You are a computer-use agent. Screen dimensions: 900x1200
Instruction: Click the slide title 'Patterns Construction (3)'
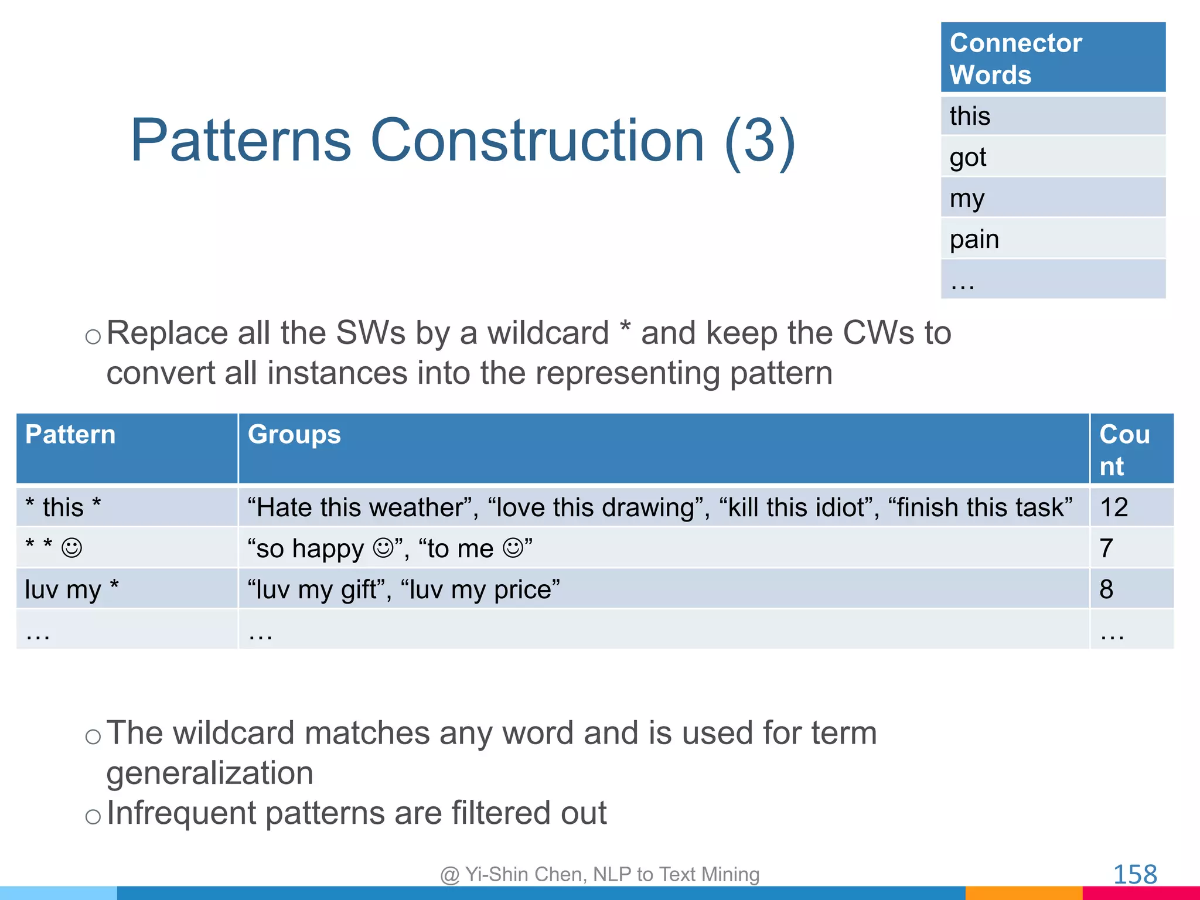(x=463, y=141)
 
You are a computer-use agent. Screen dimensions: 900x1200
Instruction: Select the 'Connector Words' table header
(x=1017, y=59)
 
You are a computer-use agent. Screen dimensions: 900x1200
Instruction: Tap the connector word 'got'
(x=968, y=157)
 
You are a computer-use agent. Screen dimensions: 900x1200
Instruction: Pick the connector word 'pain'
(x=974, y=239)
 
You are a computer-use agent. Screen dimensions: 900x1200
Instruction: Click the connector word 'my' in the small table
(x=967, y=199)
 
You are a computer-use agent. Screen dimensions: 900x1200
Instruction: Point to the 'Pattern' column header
(x=70, y=435)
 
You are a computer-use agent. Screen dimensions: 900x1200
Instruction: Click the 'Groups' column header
(x=294, y=435)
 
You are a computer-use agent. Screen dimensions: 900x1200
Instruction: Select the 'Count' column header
(x=1124, y=450)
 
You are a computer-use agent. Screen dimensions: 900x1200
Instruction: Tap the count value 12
(x=1114, y=507)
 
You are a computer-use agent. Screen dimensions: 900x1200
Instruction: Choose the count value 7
(x=1106, y=548)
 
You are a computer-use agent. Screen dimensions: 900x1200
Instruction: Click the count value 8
(x=1106, y=589)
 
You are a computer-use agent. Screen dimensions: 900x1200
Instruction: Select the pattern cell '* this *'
(x=63, y=507)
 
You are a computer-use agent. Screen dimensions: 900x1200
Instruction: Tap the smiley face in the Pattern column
(x=72, y=548)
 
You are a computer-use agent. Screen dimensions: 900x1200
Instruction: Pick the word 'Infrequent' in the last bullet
(x=182, y=813)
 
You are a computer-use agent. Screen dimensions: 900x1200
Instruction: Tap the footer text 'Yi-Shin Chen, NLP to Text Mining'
(x=612, y=874)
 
